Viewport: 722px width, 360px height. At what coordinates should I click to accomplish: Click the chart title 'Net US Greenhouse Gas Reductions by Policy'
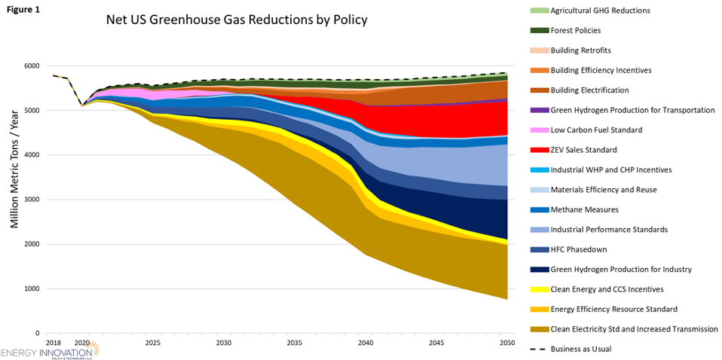pos(236,20)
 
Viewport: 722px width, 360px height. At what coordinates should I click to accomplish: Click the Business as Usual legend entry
pos(589,349)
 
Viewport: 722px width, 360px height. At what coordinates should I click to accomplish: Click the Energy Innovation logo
pos(53,353)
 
